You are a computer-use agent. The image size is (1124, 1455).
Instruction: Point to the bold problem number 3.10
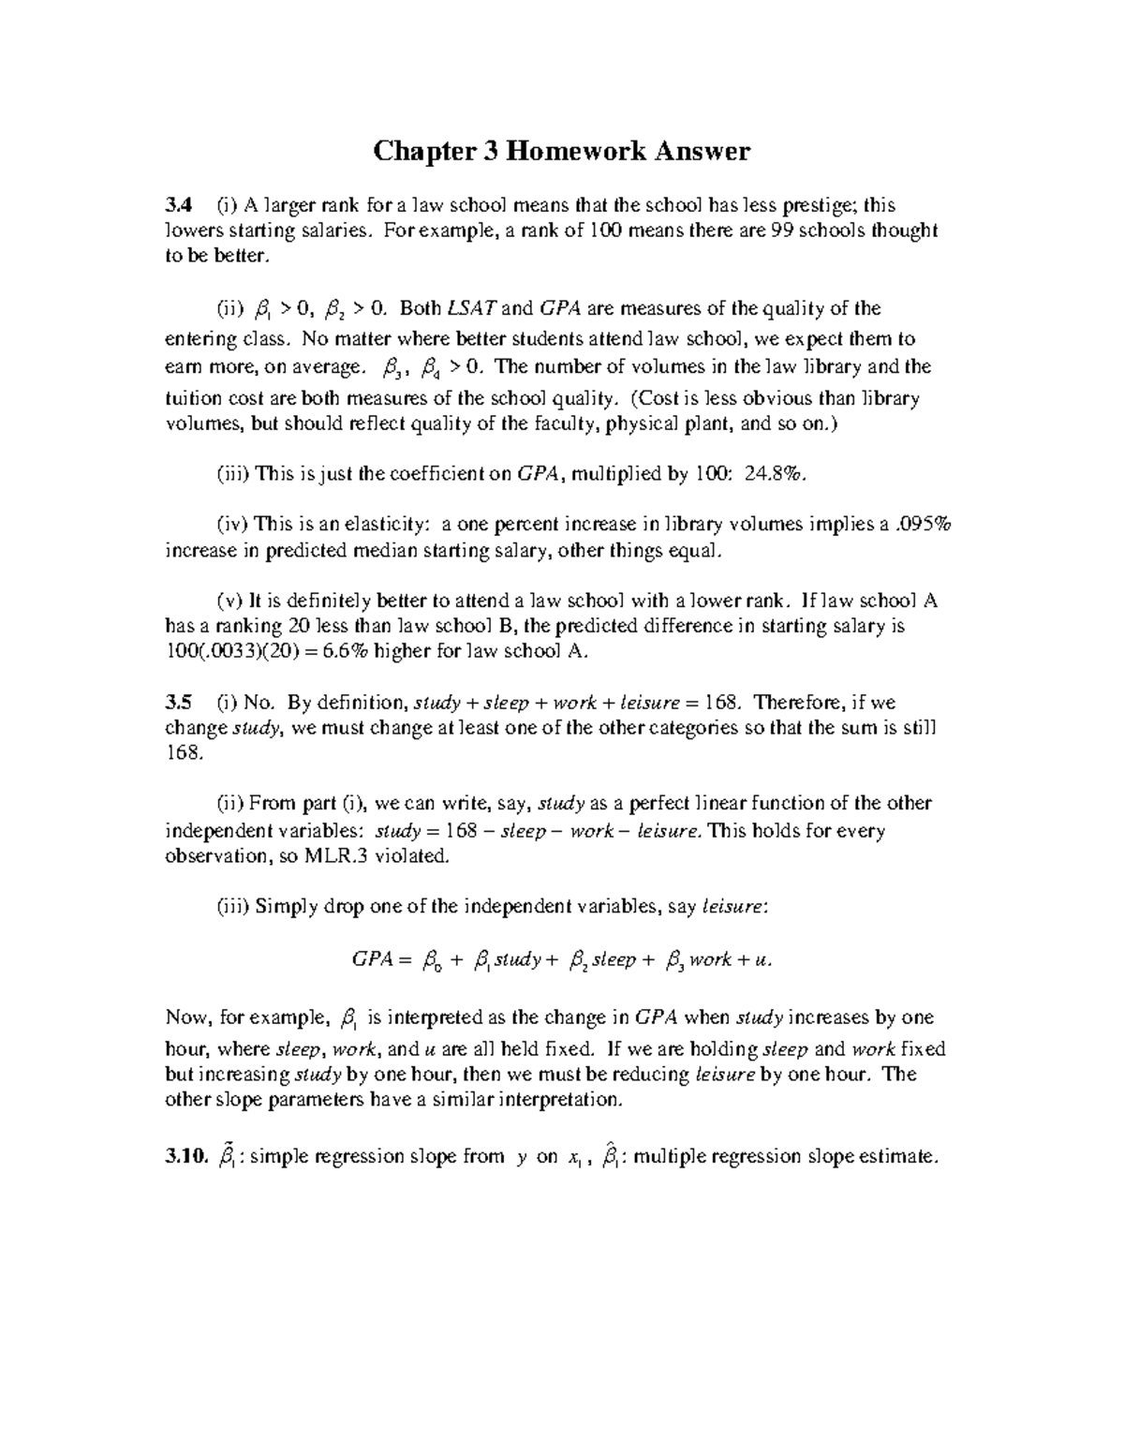pyautogui.click(x=185, y=1156)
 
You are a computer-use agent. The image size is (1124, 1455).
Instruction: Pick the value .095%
pyautogui.click(x=923, y=524)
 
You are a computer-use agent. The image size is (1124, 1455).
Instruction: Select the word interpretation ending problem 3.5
pyautogui.click(x=555, y=1100)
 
